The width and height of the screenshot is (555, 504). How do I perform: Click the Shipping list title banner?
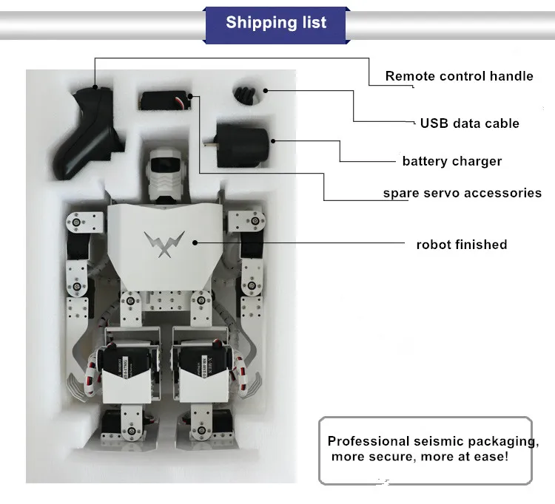(x=276, y=22)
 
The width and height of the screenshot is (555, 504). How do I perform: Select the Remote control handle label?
(x=459, y=76)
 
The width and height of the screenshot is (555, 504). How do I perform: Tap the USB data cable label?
(x=469, y=123)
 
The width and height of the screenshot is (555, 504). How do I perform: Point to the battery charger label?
(x=451, y=161)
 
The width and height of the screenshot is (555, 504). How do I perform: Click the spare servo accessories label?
(x=462, y=193)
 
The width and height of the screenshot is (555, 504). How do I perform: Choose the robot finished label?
(x=461, y=245)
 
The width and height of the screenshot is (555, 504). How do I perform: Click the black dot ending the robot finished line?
(x=195, y=242)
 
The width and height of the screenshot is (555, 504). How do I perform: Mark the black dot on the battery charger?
(x=272, y=139)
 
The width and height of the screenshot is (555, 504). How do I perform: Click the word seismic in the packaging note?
(x=437, y=441)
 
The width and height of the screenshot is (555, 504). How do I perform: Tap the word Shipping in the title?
(x=252, y=22)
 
